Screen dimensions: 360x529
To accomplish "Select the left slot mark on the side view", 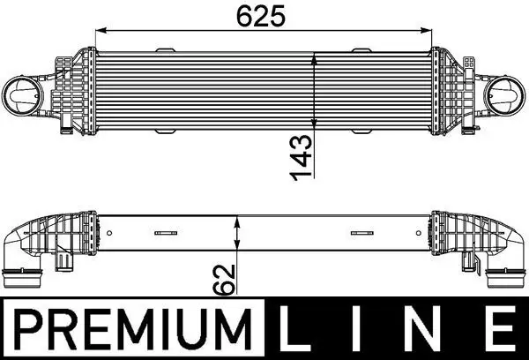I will click(x=163, y=234).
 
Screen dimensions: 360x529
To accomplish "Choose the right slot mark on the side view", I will click(x=361, y=234).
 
